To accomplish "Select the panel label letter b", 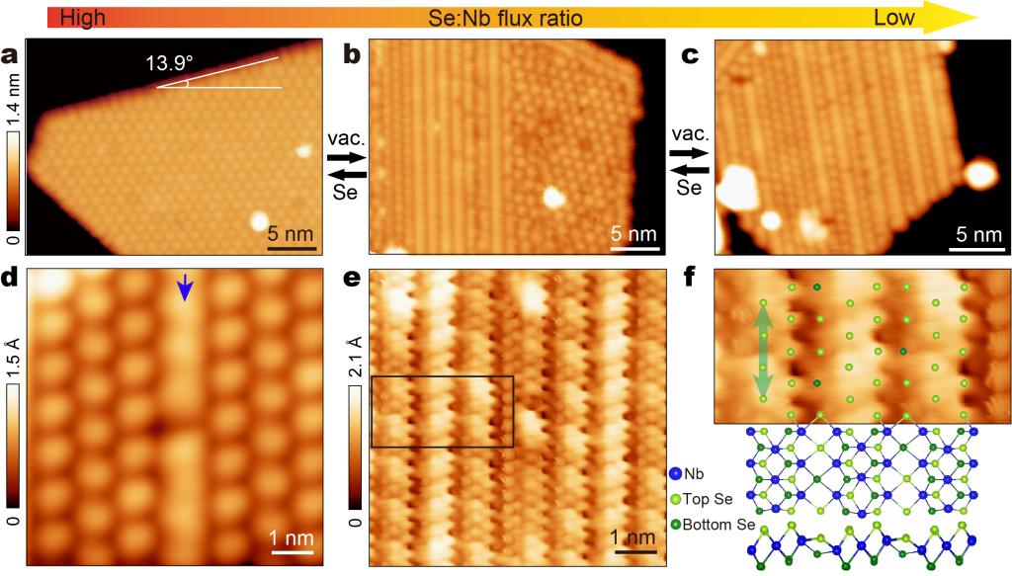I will click(351, 55).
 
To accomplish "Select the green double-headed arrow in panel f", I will click(762, 351).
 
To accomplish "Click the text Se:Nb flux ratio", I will click(505, 18).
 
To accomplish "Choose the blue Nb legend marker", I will click(674, 474).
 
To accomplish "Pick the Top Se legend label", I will click(710, 500).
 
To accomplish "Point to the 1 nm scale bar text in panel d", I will click(294, 538).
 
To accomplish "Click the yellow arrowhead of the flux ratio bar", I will click(949, 18).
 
